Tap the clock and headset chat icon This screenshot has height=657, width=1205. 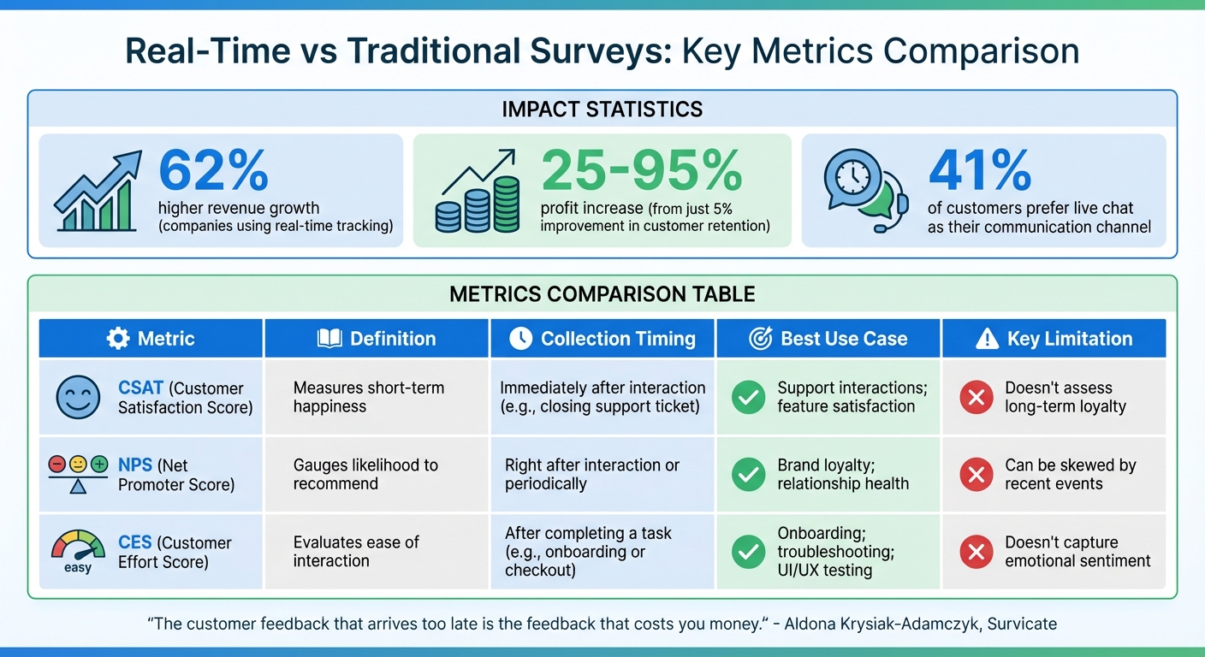tap(865, 193)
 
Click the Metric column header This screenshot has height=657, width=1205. tap(151, 339)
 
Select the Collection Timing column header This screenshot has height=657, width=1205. tap(602, 339)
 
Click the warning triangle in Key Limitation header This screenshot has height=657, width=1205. tap(987, 340)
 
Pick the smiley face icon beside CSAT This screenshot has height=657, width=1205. tap(78, 397)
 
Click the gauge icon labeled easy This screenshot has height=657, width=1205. tap(78, 550)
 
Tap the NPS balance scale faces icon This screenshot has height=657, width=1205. tap(78, 474)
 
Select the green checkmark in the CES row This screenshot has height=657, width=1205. tap(749, 552)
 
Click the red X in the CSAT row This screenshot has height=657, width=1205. tap(976, 397)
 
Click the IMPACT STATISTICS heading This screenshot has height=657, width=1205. tap(602, 109)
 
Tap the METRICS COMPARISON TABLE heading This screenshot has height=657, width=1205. tap(602, 295)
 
